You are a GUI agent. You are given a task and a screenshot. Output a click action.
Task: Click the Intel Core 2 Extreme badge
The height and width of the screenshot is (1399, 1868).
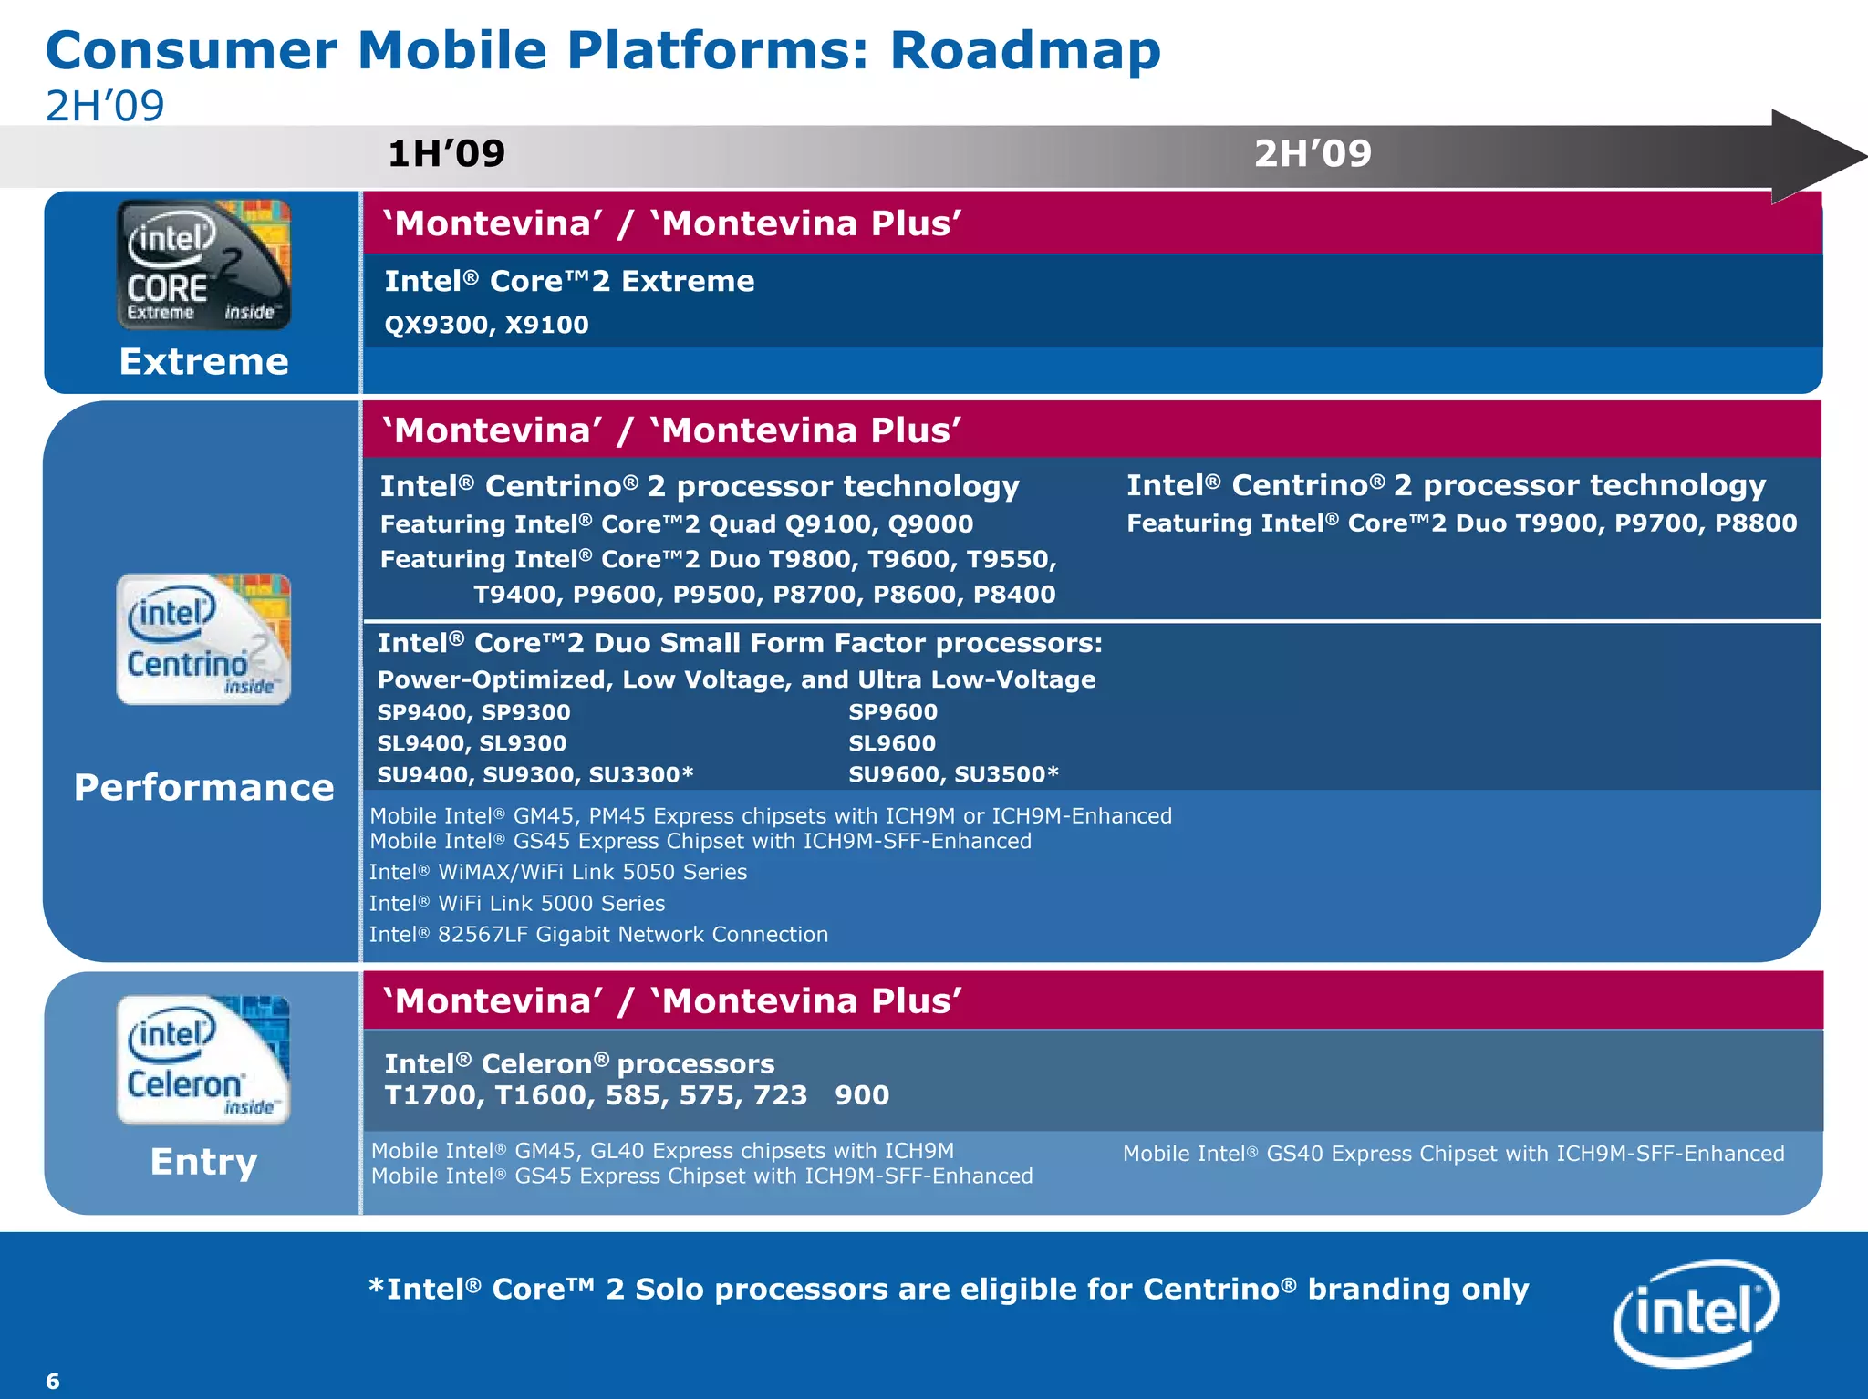point(203,264)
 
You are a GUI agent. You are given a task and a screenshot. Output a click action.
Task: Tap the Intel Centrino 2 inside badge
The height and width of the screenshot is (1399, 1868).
point(203,638)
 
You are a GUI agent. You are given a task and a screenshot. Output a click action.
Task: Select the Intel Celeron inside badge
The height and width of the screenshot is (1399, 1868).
point(203,1060)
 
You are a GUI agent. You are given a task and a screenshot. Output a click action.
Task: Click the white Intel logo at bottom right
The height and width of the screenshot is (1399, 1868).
point(1695,1313)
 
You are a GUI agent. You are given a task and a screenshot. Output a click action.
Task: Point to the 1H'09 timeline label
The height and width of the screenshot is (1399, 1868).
point(446,153)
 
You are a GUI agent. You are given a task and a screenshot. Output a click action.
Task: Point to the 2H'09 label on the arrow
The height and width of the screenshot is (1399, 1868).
point(1313,153)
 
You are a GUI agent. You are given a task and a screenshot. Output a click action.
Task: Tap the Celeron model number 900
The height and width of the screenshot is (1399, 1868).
point(862,1095)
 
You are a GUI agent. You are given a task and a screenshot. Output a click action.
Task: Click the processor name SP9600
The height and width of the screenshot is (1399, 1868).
point(893,712)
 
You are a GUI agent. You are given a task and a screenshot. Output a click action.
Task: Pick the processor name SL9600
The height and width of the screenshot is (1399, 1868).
point(892,743)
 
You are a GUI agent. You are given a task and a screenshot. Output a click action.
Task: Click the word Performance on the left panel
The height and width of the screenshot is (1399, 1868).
point(203,788)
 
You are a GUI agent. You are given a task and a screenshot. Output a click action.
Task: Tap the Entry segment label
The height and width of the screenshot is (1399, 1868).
point(203,1162)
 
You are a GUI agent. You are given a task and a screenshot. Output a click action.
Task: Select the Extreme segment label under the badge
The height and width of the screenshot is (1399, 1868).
point(203,362)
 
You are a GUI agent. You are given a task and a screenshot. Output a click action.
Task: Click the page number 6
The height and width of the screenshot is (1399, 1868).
point(53,1381)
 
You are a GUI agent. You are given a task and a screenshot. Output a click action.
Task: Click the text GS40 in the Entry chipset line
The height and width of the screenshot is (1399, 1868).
point(1295,1154)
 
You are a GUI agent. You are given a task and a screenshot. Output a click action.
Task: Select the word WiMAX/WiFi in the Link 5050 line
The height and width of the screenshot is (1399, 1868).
point(501,873)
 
